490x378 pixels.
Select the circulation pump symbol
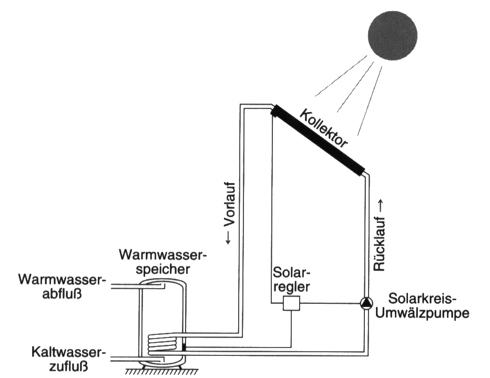pos(365,303)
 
